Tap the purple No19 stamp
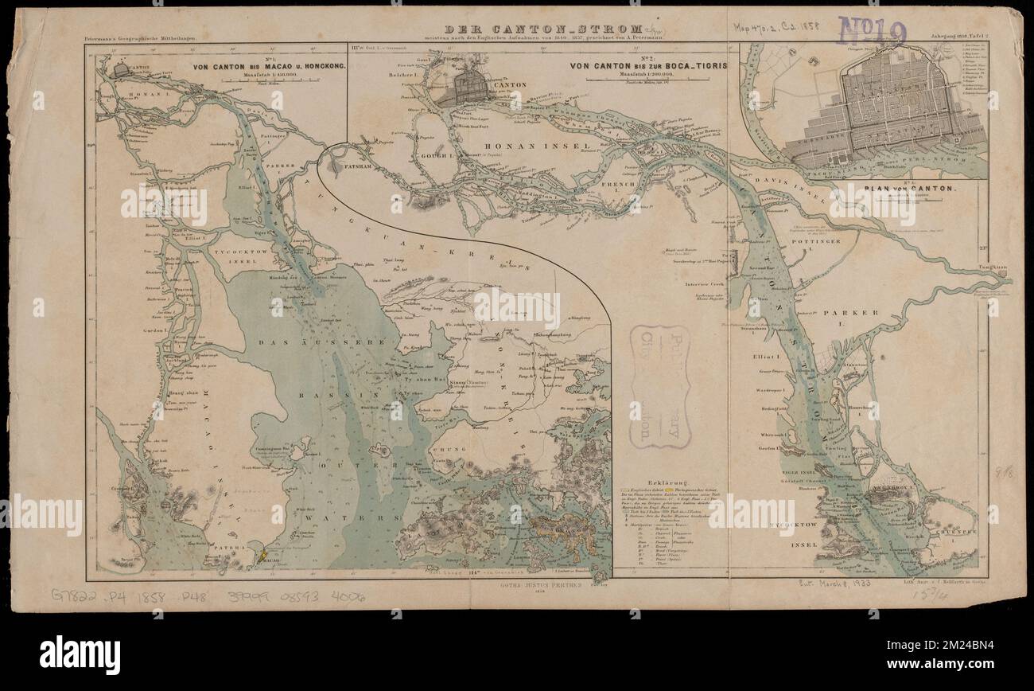pyautogui.click(x=872, y=33)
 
